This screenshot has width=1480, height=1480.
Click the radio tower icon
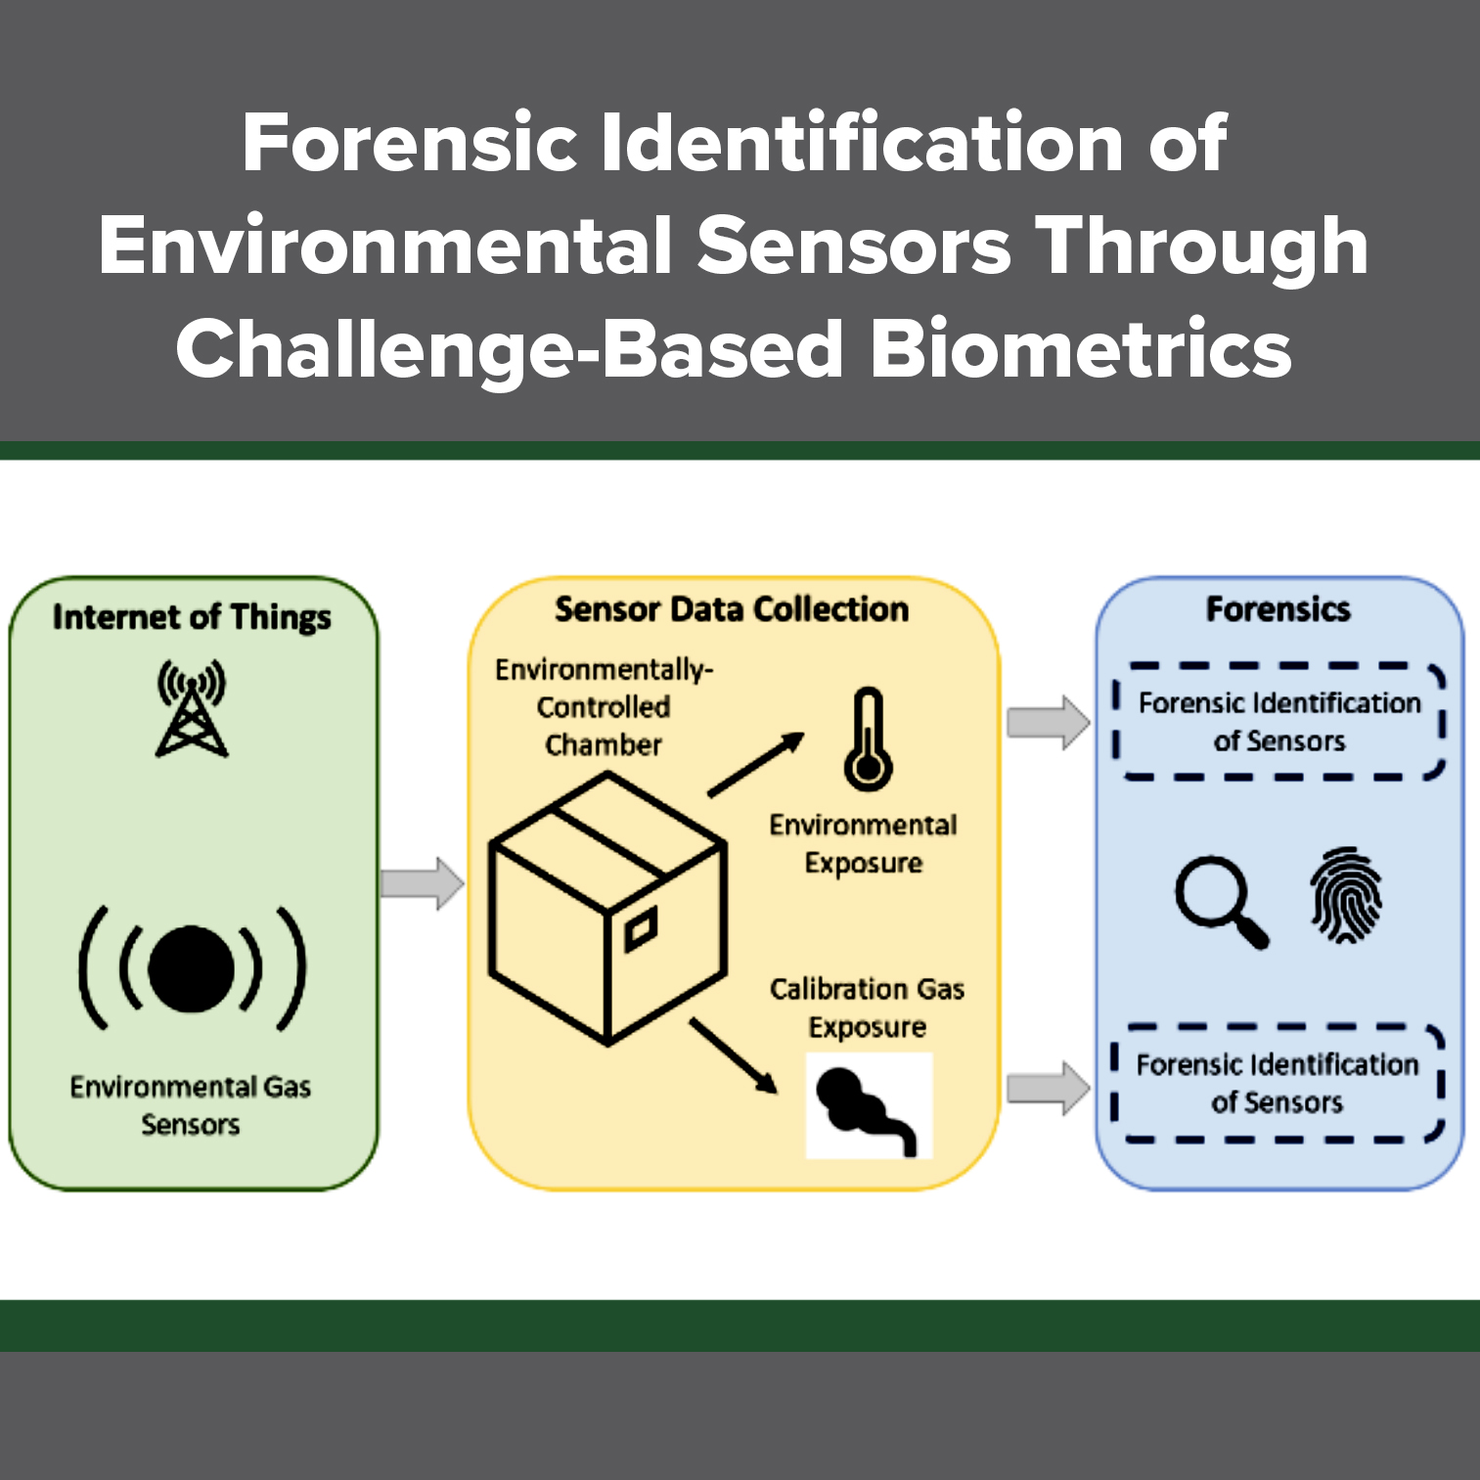click(192, 709)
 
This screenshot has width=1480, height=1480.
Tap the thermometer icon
click(868, 740)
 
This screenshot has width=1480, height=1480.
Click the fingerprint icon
click(1346, 895)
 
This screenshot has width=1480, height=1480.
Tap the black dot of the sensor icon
click(192, 968)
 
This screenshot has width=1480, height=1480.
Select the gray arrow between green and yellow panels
click(422, 883)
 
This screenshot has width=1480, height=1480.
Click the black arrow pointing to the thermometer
click(755, 765)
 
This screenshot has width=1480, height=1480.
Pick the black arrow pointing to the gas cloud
click(734, 1056)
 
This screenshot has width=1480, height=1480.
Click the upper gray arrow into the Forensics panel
click(1048, 723)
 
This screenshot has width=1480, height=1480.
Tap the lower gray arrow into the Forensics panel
click(1048, 1088)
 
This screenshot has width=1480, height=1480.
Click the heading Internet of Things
click(192, 617)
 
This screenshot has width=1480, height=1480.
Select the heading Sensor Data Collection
click(732, 609)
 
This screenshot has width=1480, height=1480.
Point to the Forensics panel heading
click(1278, 609)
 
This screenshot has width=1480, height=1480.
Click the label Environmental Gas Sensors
click(191, 1105)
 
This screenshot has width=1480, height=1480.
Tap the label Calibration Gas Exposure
click(867, 1008)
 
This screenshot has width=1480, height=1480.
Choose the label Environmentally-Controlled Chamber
click(604, 707)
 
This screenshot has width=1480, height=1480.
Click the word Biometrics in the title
click(1080, 349)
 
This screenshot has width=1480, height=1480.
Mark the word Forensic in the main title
click(410, 143)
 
